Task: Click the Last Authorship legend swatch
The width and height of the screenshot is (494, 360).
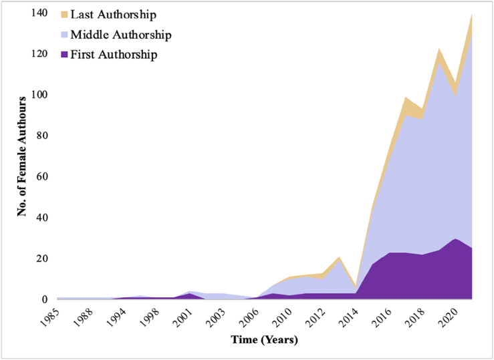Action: coord(64,14)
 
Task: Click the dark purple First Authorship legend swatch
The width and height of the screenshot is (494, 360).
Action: coord(64,54)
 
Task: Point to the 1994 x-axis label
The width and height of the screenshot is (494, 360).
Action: coord(118,314)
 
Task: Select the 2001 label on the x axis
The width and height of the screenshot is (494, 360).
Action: coord(185,314)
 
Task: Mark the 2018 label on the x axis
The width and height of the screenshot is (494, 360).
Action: coord(414,314)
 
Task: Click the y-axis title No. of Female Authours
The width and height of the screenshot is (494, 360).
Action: coord(23,155)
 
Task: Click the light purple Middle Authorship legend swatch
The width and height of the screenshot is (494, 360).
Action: coord(64,34)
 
